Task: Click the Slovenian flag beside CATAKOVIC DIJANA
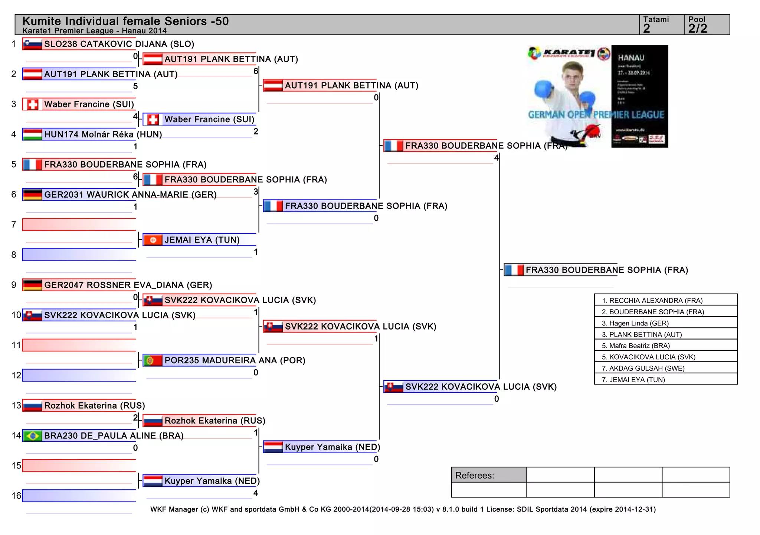point(32,44)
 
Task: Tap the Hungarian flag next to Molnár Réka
point(32,134)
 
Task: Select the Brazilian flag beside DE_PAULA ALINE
point(32,436)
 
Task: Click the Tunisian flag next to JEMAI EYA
point(153,240)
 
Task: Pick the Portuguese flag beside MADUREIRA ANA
point(153,360)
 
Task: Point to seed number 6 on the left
point(14,195)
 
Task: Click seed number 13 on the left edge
point(16,405)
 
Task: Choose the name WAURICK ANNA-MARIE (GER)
point(130,195)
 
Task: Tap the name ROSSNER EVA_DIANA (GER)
point(128,285)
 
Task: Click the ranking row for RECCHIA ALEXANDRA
point(665,300)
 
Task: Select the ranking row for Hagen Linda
point(665,323)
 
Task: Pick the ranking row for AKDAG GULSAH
point(665,368)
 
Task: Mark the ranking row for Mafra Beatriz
point(665,346)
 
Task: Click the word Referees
point(474,476)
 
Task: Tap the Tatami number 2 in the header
point(647,29)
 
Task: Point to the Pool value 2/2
point(698,29)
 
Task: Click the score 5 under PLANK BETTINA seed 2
point(135,87)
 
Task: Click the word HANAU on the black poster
point(631,58)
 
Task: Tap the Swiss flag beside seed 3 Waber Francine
point(32,104)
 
